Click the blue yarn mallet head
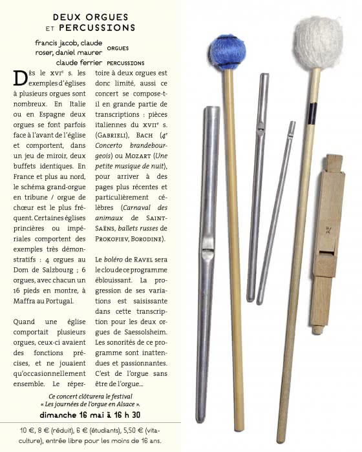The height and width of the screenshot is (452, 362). (227, 52)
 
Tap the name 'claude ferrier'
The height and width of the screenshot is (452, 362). (78, 63)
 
